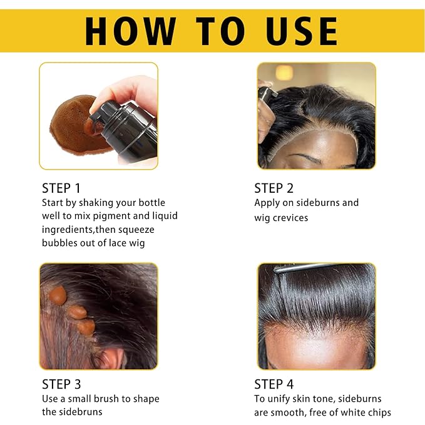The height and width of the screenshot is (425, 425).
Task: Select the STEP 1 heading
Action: [61, 188]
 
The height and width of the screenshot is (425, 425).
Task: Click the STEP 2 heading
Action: [274, 188]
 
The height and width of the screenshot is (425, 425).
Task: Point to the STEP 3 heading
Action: [61, 384]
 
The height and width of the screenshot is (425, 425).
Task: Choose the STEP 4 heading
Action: [274, 384]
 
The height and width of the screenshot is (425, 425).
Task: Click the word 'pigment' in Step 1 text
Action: [108, 216]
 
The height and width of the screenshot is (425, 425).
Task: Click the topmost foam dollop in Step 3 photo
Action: [58, 295]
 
